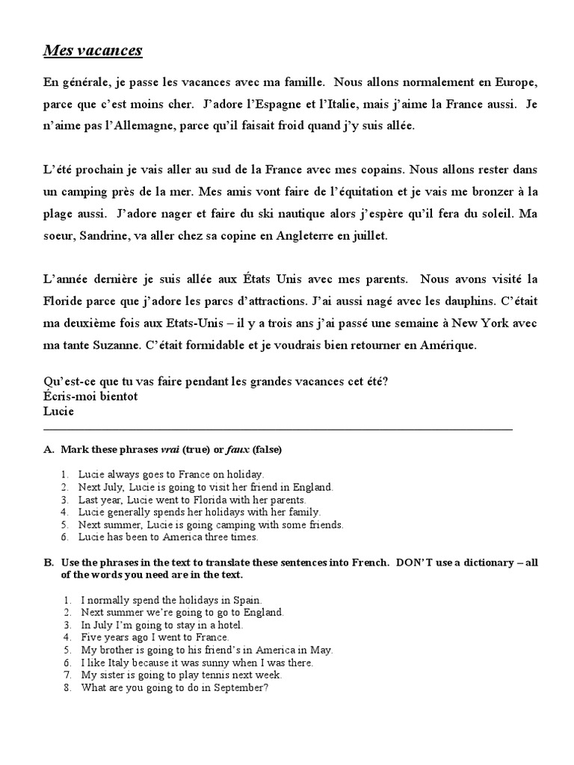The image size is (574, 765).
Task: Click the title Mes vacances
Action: point(93,51)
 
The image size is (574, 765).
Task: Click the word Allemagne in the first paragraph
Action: point(132,126)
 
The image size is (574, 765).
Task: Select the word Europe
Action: point(511,81)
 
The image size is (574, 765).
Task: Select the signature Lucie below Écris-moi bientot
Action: point(60,410)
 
